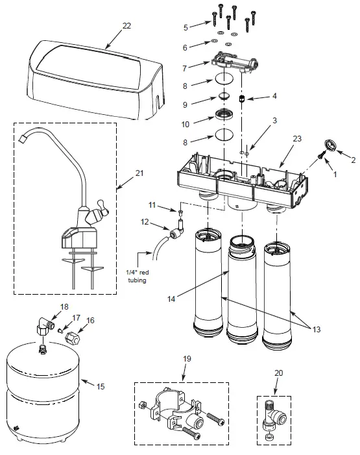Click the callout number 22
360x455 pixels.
(x=126, y=26)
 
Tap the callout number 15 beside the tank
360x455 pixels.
(x=101, y=386)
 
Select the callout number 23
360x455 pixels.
(x=297, y=139)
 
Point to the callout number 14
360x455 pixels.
(x=171, y=299)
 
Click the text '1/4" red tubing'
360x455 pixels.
(x=138, y=277)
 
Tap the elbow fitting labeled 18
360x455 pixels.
(x=45, y=326)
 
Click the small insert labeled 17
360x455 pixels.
(x=60, y=330)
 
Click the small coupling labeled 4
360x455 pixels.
(x=241, y=99)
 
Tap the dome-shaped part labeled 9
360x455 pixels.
(x=223, y=96)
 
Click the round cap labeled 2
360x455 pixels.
(x=330, y=145)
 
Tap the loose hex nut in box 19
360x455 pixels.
(x=143, y=404)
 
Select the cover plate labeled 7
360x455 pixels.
(x=234, y=62)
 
